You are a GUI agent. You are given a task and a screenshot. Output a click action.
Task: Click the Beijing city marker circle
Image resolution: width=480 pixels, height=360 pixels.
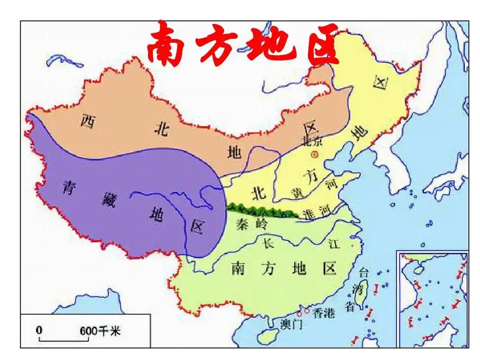pyautogui.click(x=314, y=154)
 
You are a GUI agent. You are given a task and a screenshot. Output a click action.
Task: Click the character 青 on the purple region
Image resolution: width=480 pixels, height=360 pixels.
pyautogui.click(x=69, y=187)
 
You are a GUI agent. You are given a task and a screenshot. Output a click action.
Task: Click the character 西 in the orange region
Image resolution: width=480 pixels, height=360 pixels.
pyautogui.click(x=86, y=121)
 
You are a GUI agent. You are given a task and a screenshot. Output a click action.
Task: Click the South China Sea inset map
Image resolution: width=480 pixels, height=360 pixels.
pyautogui.click(x=433, y=298)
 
